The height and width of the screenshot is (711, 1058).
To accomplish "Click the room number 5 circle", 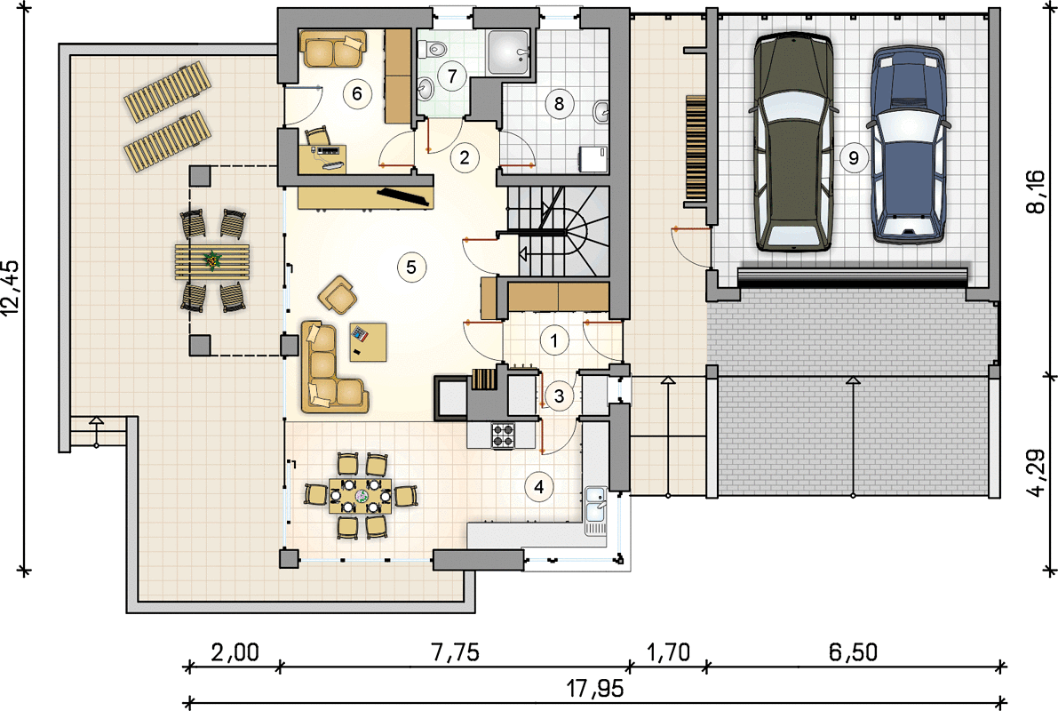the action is click(411, 268).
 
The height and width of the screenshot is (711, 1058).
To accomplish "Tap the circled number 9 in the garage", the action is click(854, 158).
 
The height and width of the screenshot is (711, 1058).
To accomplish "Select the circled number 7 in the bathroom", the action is click(451, 76).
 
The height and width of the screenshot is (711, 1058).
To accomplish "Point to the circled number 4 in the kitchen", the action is click(538, 486).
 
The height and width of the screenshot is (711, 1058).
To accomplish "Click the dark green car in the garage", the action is click(793, 143).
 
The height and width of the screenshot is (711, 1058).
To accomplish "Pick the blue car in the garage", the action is click(908, 145).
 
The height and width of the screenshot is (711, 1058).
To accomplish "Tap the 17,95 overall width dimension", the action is click(594, 689).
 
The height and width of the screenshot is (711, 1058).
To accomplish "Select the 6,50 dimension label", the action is click(853, 652).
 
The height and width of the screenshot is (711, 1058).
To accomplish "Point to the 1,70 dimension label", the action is click(668, 652).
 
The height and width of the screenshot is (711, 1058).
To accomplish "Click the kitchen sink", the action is click(595, 511).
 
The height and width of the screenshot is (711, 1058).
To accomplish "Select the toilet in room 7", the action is click(434, 48).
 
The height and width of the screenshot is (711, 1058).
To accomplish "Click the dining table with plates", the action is click(360, 496).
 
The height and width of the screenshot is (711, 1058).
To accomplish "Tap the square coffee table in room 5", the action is click(368, 342).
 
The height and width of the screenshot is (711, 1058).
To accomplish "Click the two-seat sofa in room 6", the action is click(333, 49).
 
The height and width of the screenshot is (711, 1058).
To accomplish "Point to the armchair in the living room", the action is click(338, 295).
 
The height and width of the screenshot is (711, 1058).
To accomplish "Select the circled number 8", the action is click(559, 103).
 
